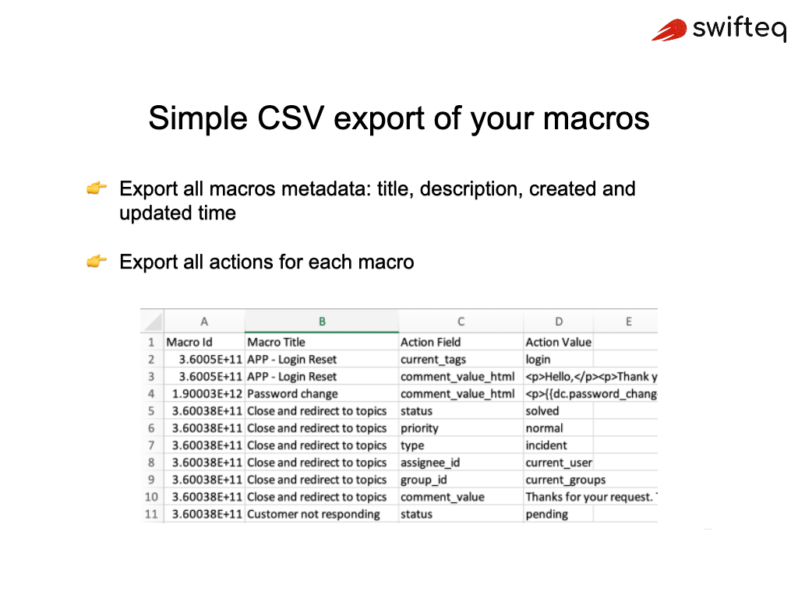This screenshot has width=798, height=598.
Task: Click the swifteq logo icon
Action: tap(668, 30)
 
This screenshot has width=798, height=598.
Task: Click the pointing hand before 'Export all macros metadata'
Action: tap(97, 188)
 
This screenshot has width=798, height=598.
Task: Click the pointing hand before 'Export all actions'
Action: tap(97, 262)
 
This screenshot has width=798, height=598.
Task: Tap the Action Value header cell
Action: tap(558, 342)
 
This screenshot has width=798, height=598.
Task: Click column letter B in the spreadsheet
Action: tap(322, 322)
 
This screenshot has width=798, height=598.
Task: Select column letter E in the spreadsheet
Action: tap(628, 322)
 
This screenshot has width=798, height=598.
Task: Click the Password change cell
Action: tap(292, 394)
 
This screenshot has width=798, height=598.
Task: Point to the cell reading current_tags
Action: tap(433, 360)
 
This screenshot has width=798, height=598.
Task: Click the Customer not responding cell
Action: tap(313, 514)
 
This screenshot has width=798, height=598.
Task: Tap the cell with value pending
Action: tap(546, 514)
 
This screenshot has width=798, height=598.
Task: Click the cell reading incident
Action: tap(546, 445)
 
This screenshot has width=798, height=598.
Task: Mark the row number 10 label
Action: tap(151, 497)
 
